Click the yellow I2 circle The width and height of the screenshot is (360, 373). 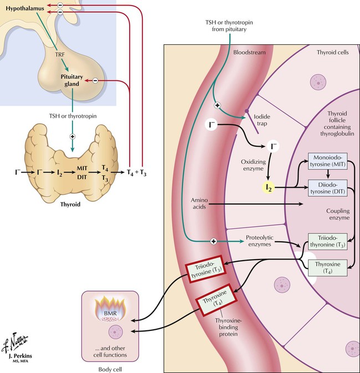(268, 188)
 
